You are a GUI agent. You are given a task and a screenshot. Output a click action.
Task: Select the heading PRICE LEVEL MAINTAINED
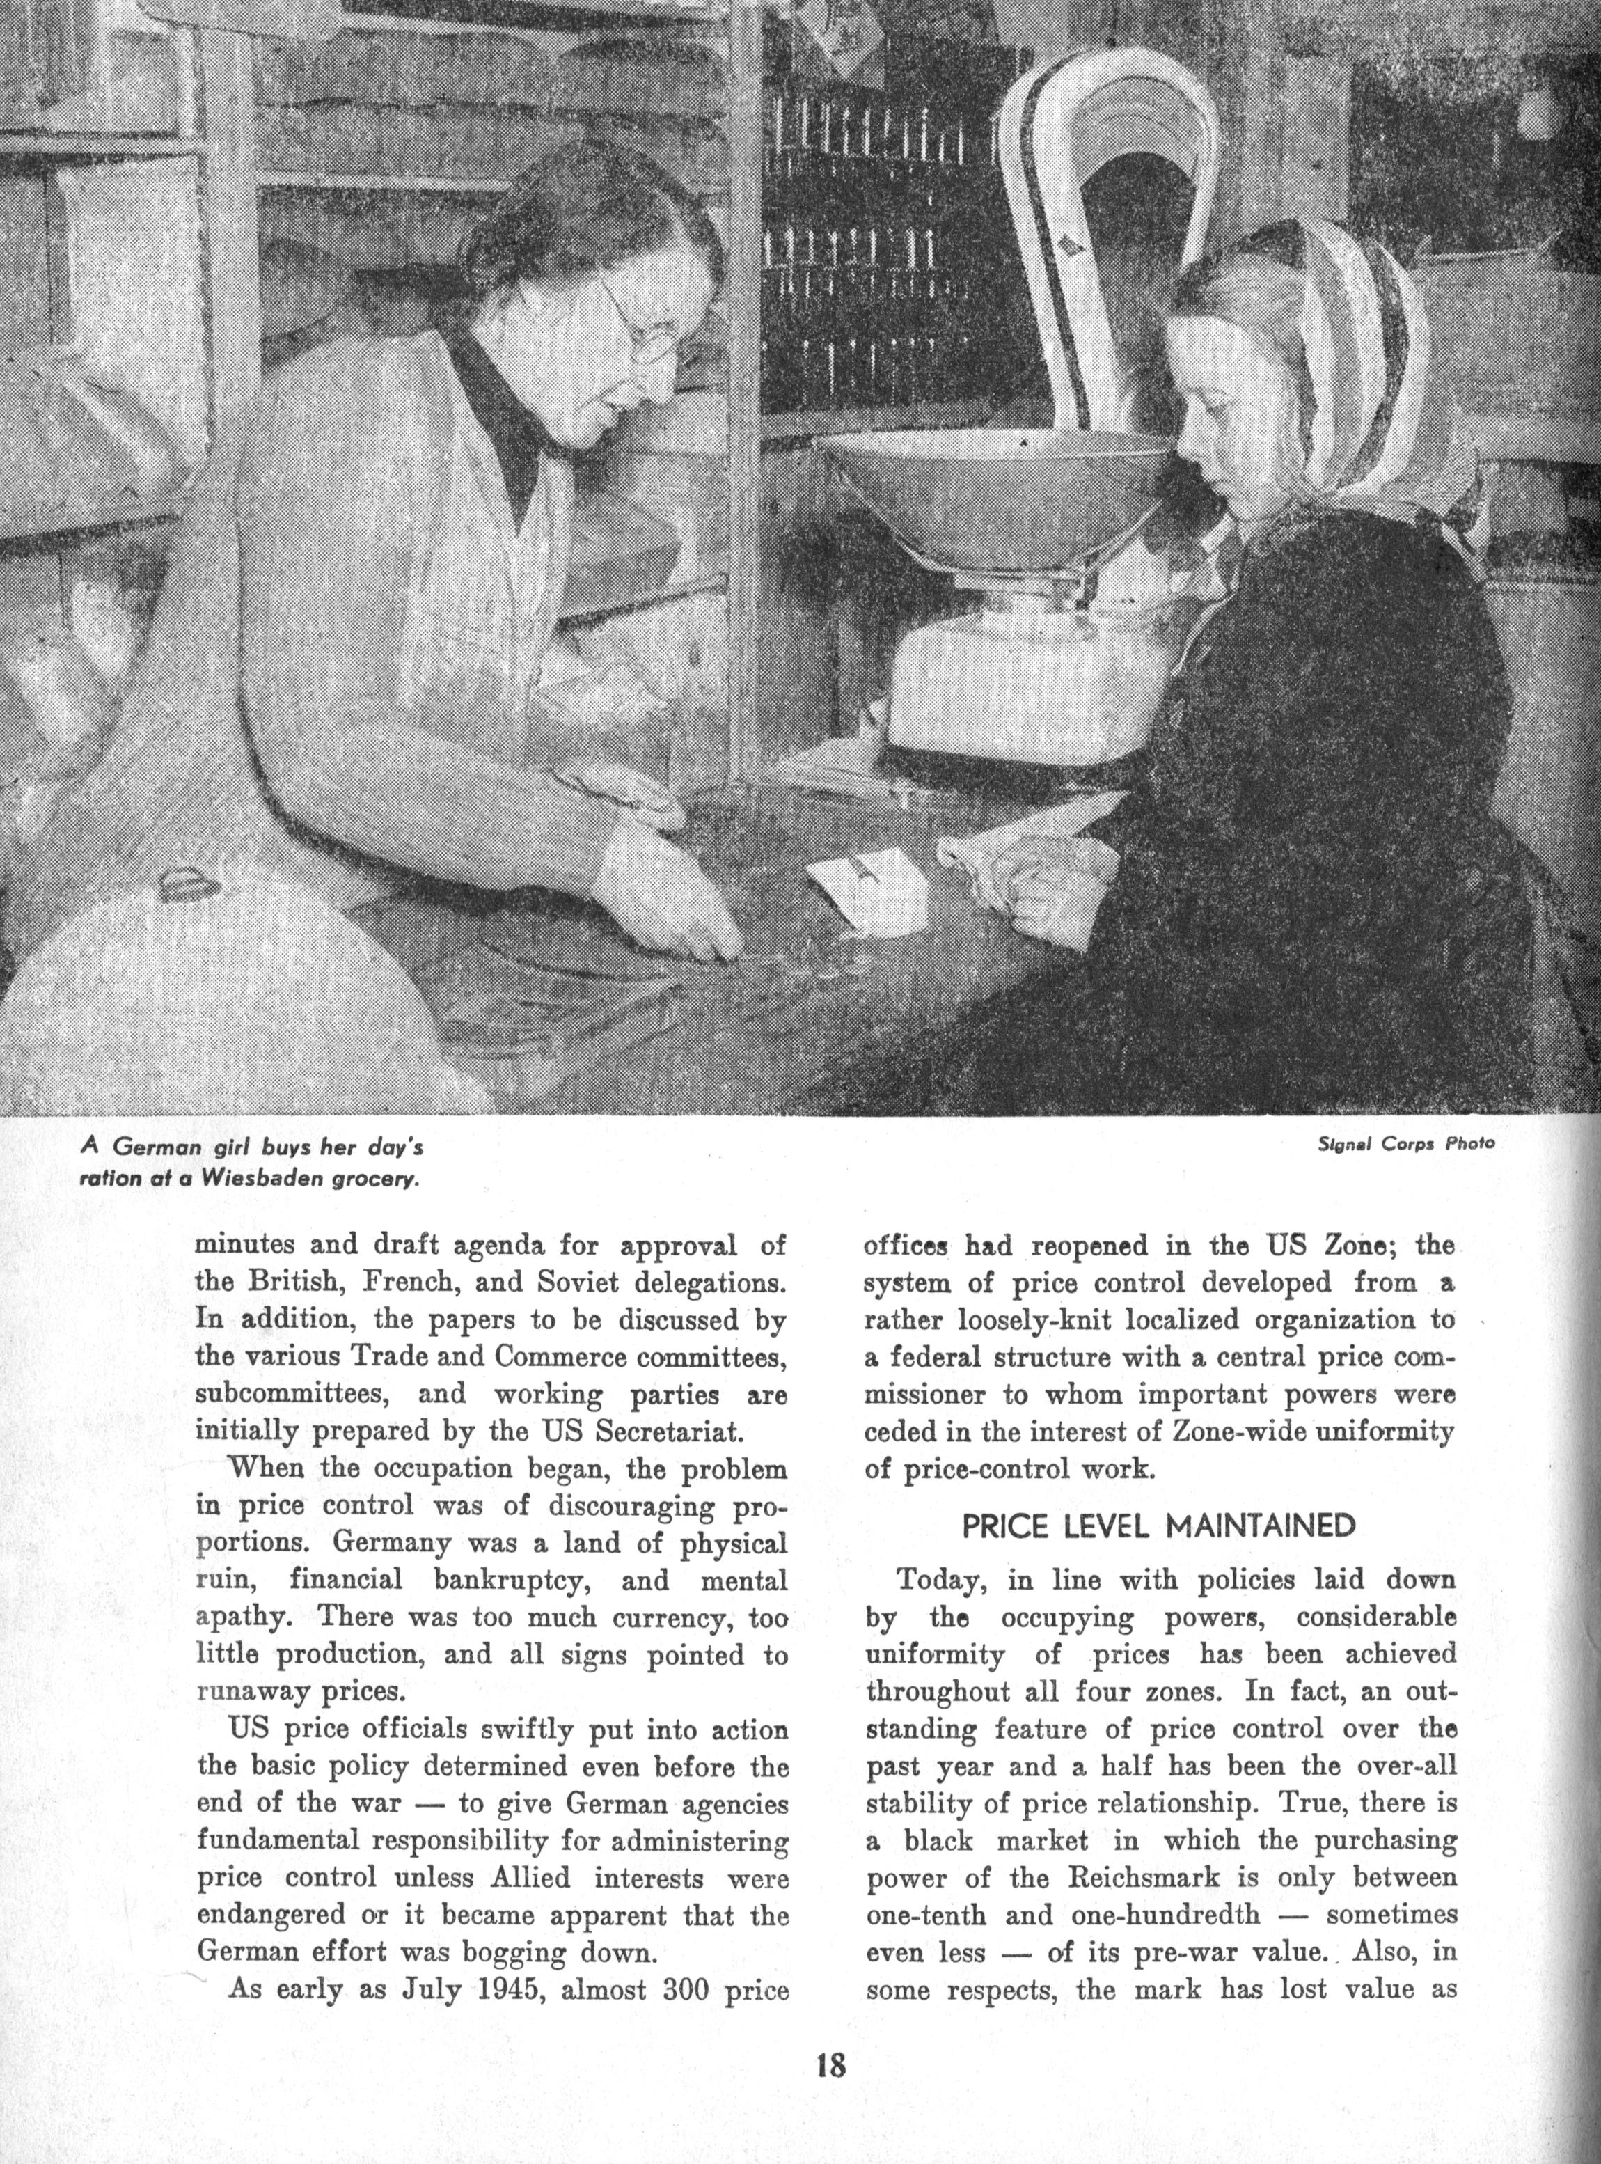point(1158,1526)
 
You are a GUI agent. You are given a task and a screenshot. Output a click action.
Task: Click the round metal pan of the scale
point(993,485)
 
